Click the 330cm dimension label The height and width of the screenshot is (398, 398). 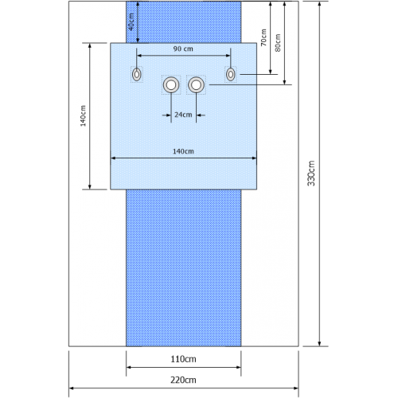click(x=311, y=174)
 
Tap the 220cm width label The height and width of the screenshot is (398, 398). click(x=183, y=380)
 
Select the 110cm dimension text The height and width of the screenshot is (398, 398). click(x=183, y=359)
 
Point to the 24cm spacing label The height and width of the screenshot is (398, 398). click(x=183, y=115)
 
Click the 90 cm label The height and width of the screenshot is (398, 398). click(x=183, y=49)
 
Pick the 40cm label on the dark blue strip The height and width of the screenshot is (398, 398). click(x=131, y=21)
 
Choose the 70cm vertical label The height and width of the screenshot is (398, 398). click(x=263, y=37)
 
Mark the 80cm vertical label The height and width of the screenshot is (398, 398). click(x=278, y=43)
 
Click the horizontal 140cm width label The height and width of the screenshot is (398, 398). click(x=183, y=151)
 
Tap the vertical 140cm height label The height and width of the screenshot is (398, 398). click(x=83, y=115)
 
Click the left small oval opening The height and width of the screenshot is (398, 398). click(x=137, y=74)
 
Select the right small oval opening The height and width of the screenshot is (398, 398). click(x=231, y=74)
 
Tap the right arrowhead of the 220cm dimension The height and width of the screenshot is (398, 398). click(x=295, y=388)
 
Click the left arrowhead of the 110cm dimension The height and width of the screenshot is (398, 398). click(x=129, y=368)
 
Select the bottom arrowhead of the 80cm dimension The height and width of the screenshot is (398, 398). click(x=284, y=82)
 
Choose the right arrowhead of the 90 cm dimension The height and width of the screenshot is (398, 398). click(x=228, y=56)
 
